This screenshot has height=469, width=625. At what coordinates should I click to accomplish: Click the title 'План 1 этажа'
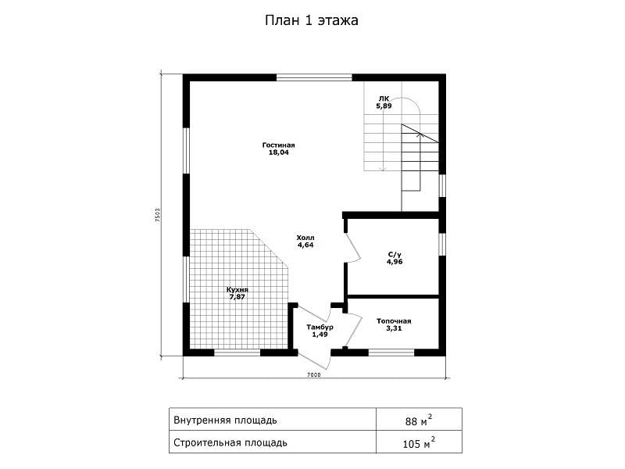[311, 20]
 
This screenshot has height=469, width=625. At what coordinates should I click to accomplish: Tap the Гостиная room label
[279, 145]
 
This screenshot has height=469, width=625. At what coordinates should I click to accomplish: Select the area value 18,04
[279, 152]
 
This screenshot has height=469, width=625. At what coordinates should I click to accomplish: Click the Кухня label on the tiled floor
[237, 290]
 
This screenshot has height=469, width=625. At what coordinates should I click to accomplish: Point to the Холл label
[305, 238]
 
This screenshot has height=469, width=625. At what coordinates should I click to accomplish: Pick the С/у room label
[395, 255]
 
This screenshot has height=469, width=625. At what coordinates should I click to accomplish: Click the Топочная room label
[394, 321]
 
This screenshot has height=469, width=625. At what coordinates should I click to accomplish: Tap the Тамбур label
[320, 327]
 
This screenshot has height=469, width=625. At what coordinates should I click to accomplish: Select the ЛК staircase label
[384, 99]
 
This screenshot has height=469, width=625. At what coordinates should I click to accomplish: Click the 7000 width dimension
[314, 375]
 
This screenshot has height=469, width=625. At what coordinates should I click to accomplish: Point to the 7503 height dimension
[158, 216]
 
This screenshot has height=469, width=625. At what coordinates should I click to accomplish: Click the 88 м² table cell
[419, 420]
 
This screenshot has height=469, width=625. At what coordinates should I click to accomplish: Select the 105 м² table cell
[419, 442]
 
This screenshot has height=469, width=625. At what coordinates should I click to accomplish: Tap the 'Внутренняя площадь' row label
[225, 421]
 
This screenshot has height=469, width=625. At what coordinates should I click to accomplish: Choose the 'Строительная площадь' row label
[230, 442]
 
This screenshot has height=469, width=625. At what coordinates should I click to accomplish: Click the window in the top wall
[315, 77]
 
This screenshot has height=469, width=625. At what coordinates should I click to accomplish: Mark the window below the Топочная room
[391, 353]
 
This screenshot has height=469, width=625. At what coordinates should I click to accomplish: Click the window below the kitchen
[237, 353]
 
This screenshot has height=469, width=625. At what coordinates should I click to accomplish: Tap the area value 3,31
[394, 328]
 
